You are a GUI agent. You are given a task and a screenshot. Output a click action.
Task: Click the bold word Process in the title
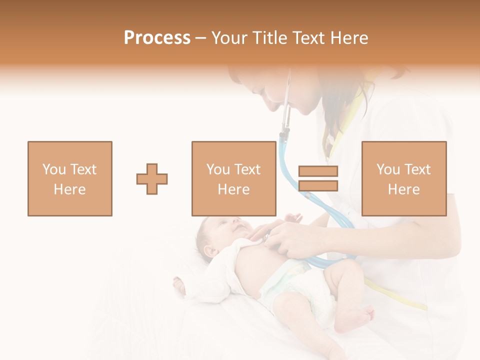[157, 37]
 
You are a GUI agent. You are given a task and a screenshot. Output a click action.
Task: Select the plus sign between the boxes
[152, 179]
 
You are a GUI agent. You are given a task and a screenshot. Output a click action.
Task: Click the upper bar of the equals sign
[318, 171]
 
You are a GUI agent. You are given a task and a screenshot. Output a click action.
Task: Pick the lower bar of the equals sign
[318, 186]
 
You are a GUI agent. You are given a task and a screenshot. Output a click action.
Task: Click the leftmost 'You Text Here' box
[70, 178]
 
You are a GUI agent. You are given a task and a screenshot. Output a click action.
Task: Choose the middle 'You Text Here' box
[233, 178]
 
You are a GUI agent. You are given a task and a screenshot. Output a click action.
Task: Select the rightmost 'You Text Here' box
[404, 178]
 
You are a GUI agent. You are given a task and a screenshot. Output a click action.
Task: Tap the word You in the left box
[53, 169]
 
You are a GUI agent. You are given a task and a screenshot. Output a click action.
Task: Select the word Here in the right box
[404, 189]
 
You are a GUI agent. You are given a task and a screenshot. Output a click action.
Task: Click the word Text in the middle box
[247, 169]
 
